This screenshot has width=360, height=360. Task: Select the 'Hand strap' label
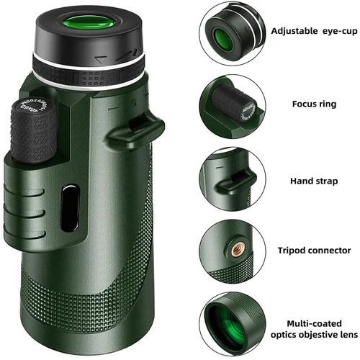pos(311,181)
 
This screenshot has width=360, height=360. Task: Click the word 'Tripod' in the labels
pos(294,251)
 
